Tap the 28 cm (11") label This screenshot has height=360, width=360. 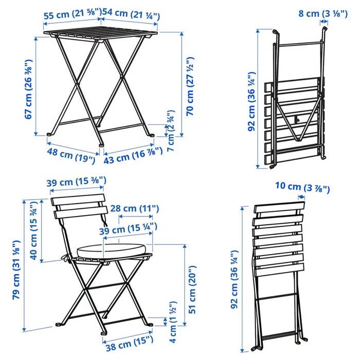pyautogui.click(x=135, y=208)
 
